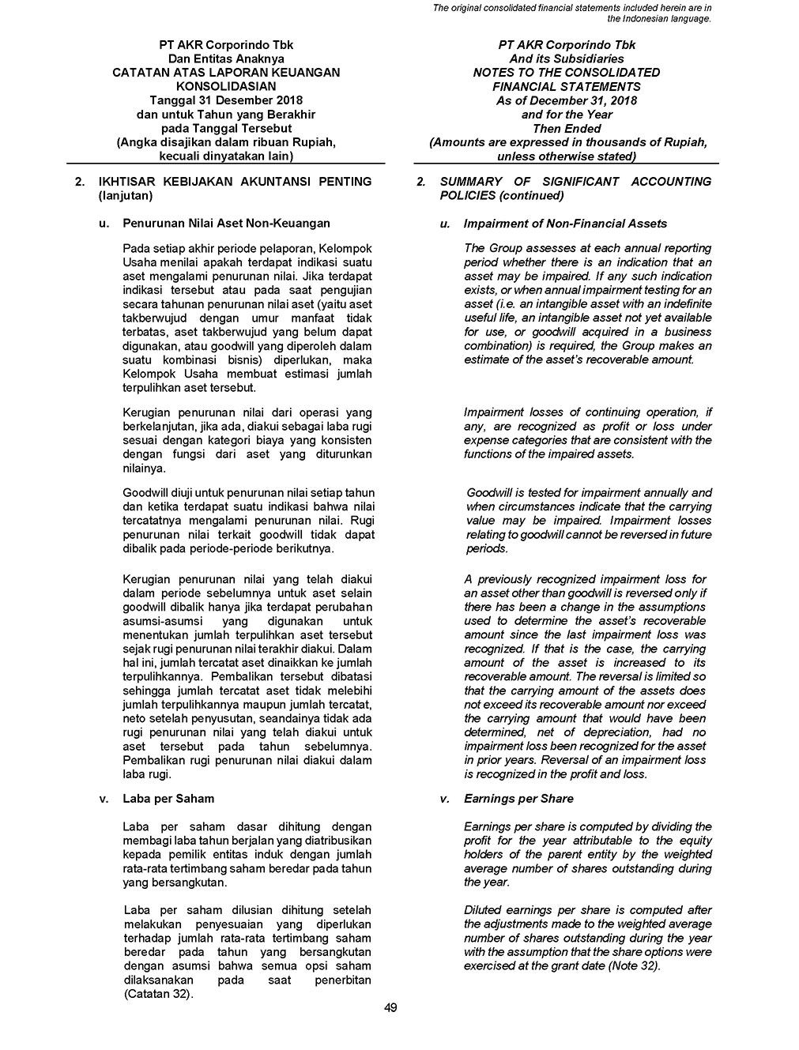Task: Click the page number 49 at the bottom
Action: pyautogui.click(x=390, y=1007)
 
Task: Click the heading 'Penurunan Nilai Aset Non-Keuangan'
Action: pyautogui.click(x=226, y=224)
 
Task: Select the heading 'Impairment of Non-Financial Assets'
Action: pyautogui.click(x=565, y=224)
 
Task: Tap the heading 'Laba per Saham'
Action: pyautogui.click(x=168, y=799)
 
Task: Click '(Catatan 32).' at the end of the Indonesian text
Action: pyautogui.click(x=159, y=993)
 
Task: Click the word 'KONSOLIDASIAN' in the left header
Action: pyautogui.click(x=226, y=86)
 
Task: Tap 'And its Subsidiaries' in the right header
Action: pyautogui.click(x=567, y=58)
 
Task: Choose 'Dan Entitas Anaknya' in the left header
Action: pyautogui.click(x=226, y=58)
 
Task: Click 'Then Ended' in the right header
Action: pyautogui.click(x=567, y=128)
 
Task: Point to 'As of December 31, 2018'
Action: pyautogui.click(x=567, y=100)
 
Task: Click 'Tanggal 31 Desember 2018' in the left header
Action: pyautogui.click(x=226, y=100)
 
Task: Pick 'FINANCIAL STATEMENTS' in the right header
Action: pyautogui.click(x=567, y=86)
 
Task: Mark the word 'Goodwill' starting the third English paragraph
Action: pyautogui.click(x=489, y=492)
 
